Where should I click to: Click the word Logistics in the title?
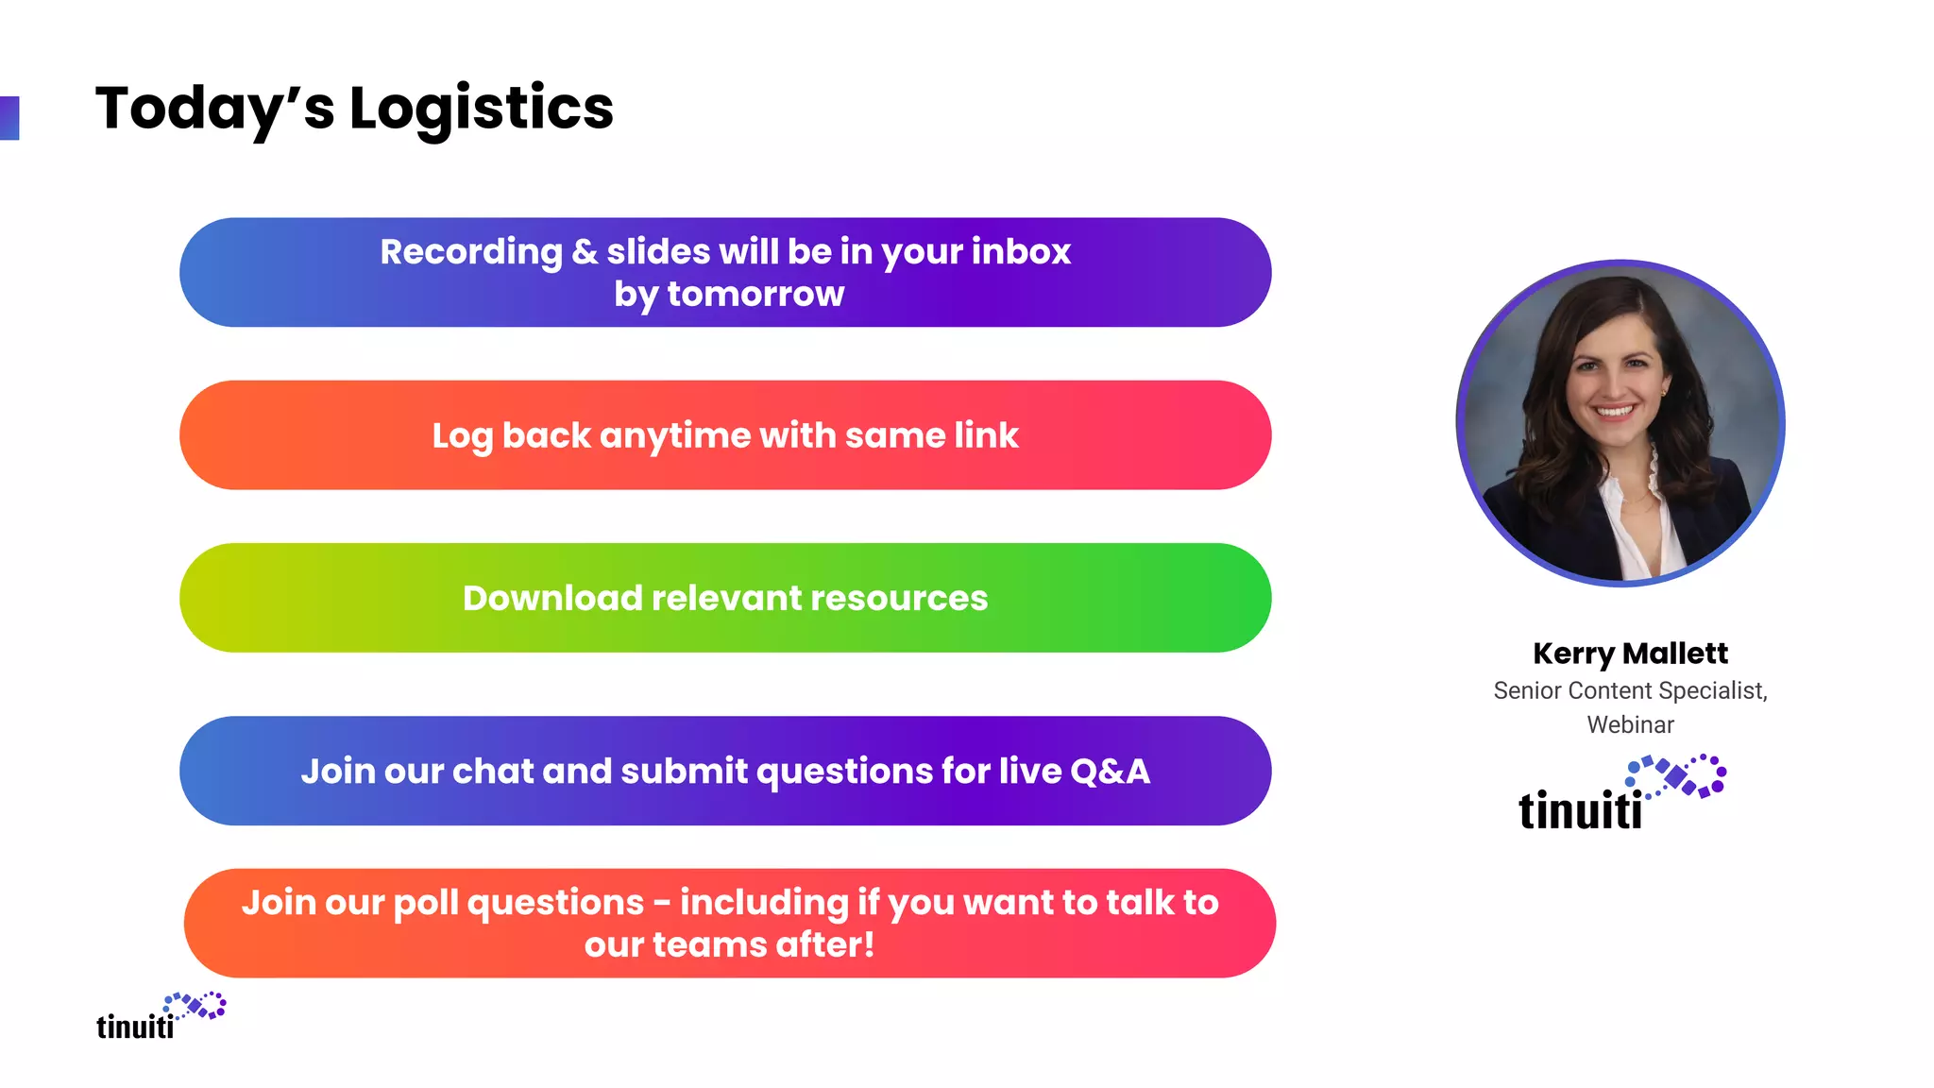coord(482,109)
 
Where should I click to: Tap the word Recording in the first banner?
coord(470,252)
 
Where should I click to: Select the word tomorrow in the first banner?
coord(755,295)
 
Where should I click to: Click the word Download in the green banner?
coord(552,599)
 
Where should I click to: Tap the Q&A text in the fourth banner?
coord(1110,772)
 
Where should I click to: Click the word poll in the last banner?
coord(425,903)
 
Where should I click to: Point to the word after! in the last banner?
coord(825,945)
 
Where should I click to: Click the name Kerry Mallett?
coord(1630,654)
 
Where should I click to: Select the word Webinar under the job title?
coord(1630,725)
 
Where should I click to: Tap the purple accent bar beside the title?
coord(9,118)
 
